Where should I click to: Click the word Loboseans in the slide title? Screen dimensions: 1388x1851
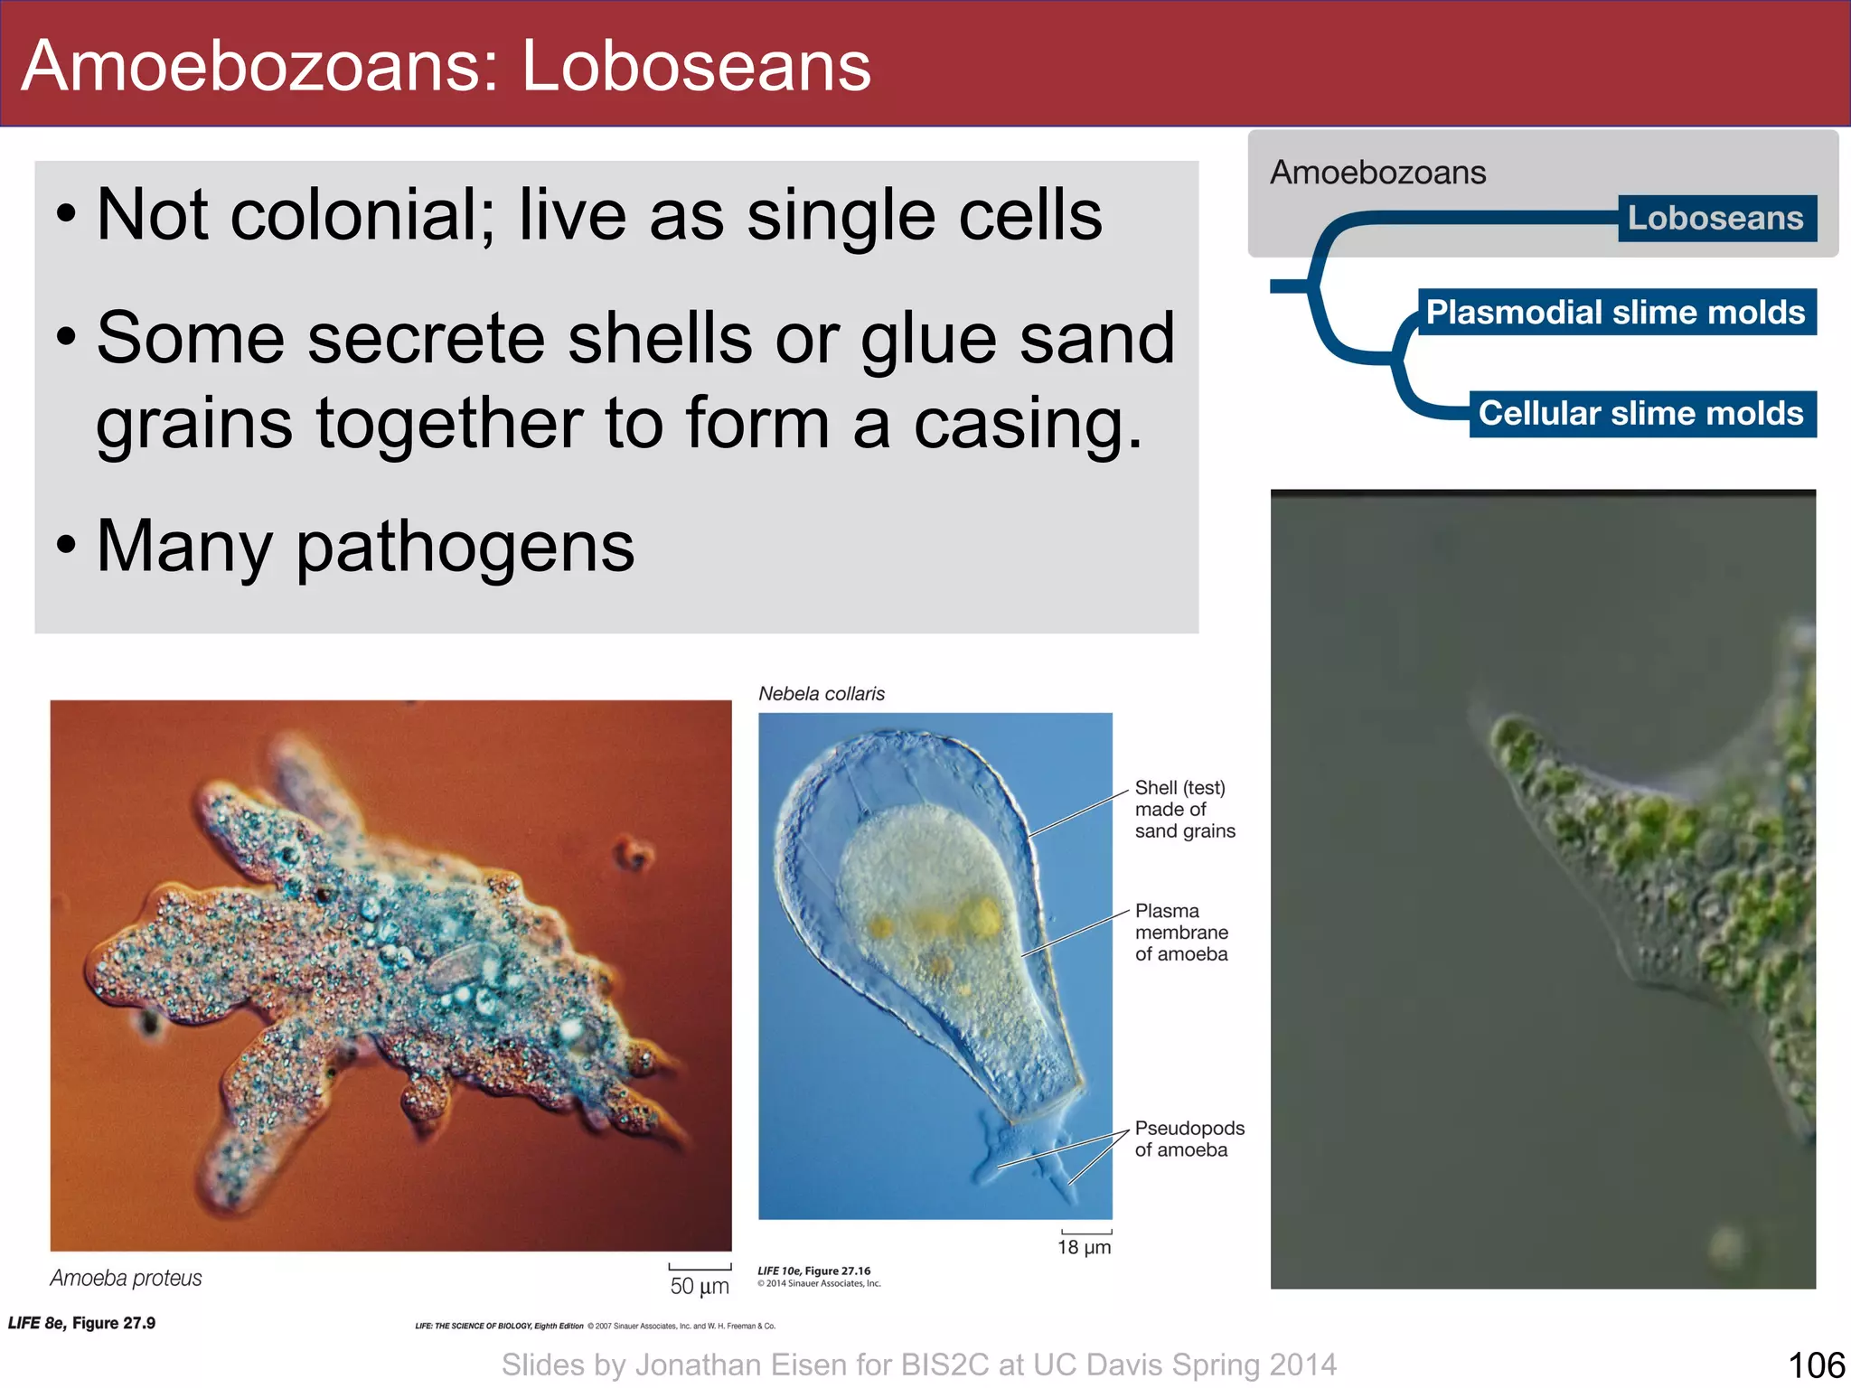696,67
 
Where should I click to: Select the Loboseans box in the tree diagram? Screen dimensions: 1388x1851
1715,219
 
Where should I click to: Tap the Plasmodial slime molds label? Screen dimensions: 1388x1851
1615,313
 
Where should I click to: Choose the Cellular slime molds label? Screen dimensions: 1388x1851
1640,414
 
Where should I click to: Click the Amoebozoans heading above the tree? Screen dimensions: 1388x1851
1377,173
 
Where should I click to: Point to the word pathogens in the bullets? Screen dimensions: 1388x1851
465,548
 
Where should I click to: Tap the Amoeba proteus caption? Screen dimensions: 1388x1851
126,1278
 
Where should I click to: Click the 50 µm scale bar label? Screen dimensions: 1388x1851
699,1286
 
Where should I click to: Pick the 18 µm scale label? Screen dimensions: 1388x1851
1084,1248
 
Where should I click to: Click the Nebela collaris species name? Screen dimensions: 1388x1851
821,694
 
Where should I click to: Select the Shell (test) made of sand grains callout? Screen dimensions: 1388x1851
1183,810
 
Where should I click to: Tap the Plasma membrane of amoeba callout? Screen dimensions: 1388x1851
1180,933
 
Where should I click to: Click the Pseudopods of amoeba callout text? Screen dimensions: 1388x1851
1189,1139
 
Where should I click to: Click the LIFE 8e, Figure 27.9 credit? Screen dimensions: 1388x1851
81,1324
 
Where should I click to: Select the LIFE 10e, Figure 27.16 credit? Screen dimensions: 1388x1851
813,1271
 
